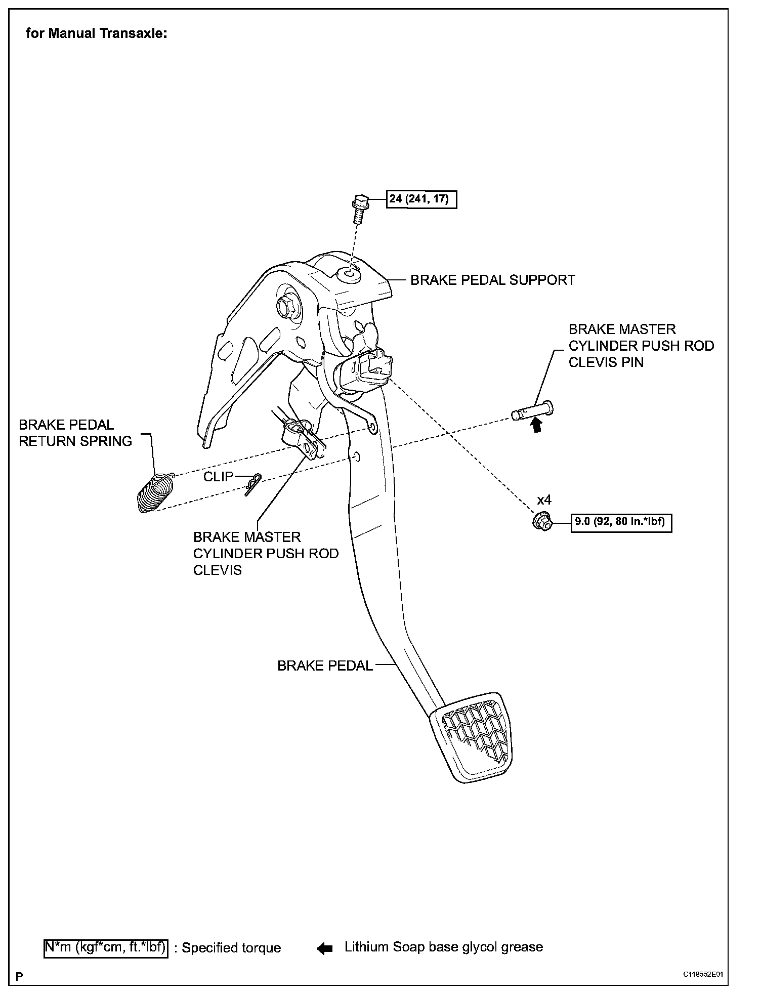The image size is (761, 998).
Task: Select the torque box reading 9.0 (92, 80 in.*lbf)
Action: (x=622, y=521)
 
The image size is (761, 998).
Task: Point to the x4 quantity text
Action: (x=544, y=500)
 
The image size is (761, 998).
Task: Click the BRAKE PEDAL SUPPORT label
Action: (x=492, y=280)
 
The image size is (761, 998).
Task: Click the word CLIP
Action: (x=218, y=477)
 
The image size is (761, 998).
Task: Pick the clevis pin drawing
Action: (x=532, y=411)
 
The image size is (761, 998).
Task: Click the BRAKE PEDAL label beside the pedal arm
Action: (x=325, y=666)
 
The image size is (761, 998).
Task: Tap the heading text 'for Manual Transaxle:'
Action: (x=96, y=34)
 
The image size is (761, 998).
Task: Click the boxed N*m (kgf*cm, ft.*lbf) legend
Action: (x=105, y=947)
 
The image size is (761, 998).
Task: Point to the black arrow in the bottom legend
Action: (x=324, y=948)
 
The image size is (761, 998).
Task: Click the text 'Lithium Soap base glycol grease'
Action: (x=443, y=947)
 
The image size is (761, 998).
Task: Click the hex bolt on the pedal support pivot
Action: (x=284, y=306)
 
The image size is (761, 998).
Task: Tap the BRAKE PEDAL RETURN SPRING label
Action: (x=75, y=433)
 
